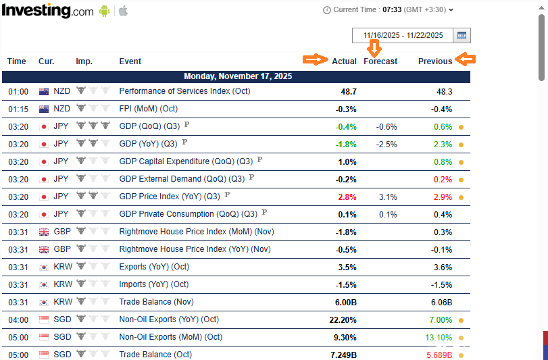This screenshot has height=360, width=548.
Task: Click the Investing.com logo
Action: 48,11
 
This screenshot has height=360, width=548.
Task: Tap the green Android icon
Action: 105,11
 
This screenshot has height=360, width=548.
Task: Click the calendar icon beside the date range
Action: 462,36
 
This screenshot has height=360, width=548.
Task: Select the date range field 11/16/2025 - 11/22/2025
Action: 403,36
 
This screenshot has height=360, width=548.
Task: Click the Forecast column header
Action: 380,61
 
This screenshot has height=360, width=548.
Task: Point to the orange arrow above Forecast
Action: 374,48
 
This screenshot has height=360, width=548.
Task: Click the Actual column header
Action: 344,61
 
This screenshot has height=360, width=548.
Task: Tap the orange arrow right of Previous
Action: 466,59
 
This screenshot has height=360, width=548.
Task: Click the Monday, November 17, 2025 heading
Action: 238,77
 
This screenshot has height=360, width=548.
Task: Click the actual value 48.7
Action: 349,91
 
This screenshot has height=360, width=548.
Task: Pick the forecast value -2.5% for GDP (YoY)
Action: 387,144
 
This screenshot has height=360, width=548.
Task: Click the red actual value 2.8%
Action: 348,197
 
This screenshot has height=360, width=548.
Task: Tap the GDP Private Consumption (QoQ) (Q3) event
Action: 188,214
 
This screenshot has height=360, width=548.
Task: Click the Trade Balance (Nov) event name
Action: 155,302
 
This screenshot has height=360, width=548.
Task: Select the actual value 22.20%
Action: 343,319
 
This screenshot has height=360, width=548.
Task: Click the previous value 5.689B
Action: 439,355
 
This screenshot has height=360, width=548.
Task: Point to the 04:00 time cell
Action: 18,319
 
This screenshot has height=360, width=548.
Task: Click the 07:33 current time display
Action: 392,10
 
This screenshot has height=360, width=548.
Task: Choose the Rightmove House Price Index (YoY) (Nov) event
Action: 195,249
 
